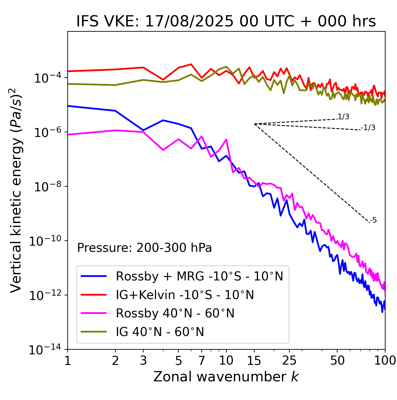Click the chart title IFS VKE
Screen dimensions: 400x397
tap(226, 21)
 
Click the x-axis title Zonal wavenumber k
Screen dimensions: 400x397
tap(226, 376)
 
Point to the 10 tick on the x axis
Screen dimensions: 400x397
tap(226, 360)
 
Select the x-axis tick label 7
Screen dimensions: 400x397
tap(202, 360)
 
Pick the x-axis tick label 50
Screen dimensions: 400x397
tap(337, 360)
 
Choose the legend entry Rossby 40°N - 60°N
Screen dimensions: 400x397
tap(175, 313)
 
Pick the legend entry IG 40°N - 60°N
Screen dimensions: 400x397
tap(160, 332)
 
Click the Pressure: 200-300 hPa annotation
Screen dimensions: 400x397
tap(144, 248)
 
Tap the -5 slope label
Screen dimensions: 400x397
tap(373, 220)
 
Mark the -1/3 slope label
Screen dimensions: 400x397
tap(368, 128)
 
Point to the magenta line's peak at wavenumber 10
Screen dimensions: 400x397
tap(226, 139)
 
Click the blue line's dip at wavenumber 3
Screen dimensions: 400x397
tap(143, 130)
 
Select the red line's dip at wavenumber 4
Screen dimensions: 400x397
tap(163, 80)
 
